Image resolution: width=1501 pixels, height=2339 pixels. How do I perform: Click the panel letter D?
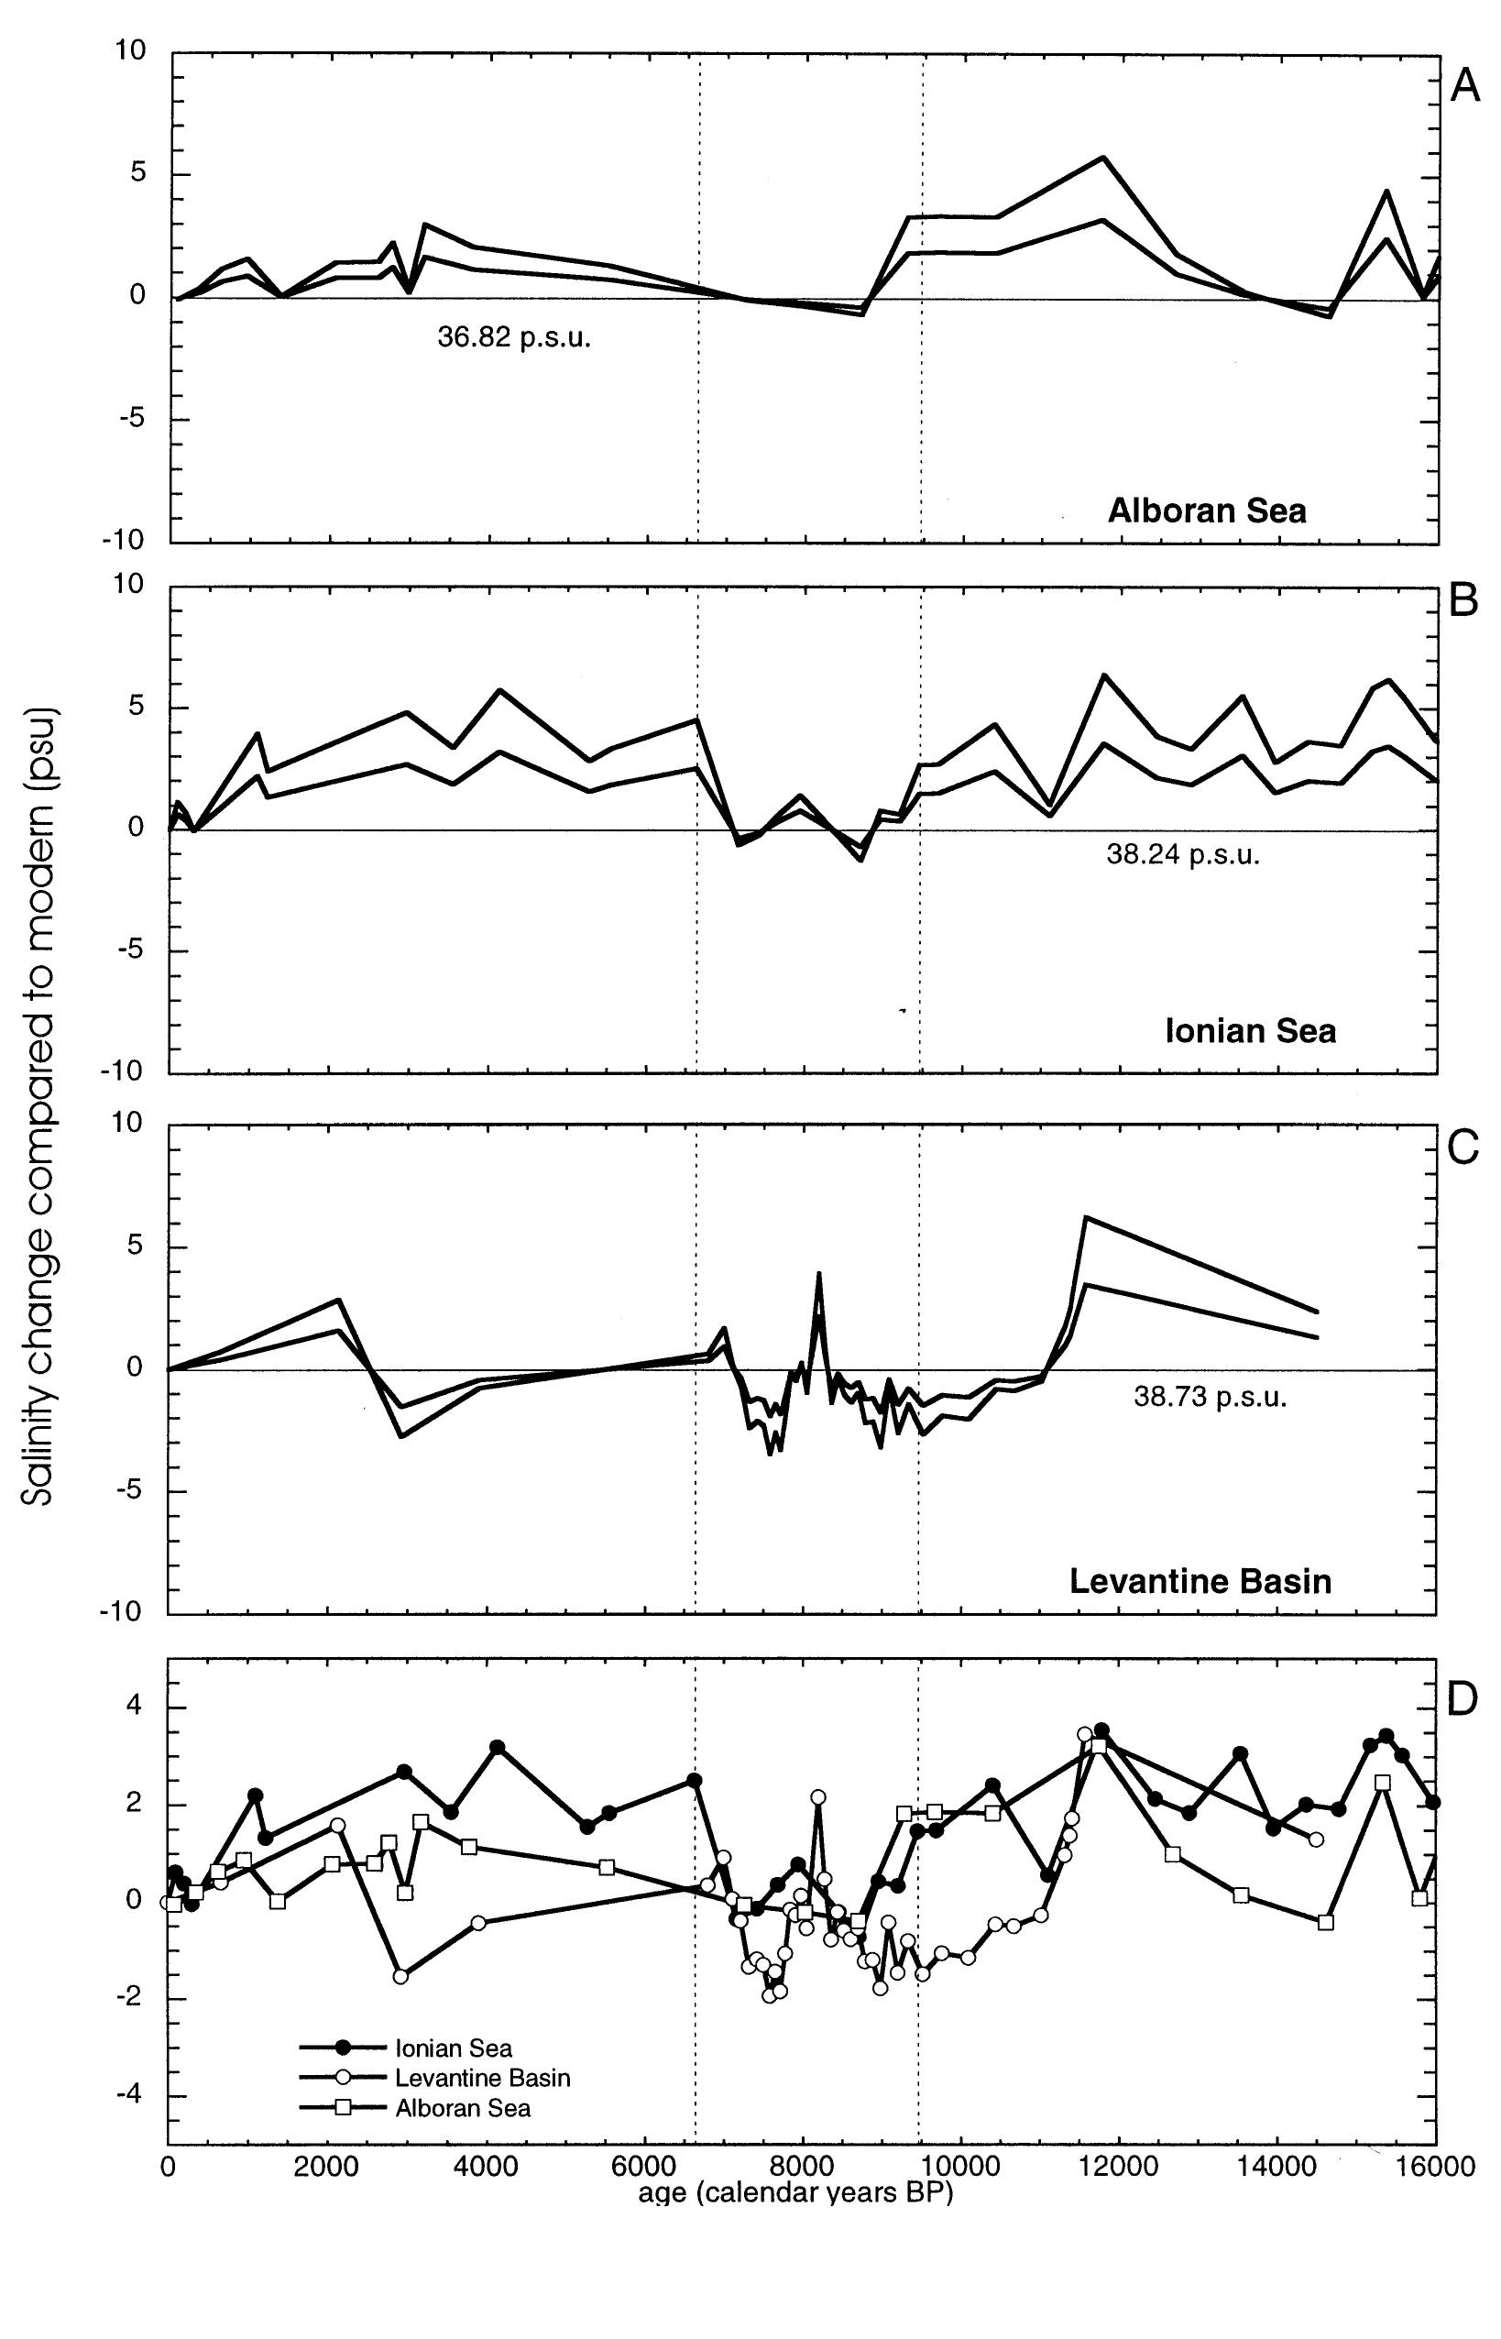(1464, 1699)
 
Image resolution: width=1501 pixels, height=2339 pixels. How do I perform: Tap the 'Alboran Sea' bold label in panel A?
(1207, 511)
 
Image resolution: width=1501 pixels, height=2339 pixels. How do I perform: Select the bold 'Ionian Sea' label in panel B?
(1250, 1031)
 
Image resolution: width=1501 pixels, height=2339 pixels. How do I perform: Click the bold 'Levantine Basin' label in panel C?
(1200, 1580)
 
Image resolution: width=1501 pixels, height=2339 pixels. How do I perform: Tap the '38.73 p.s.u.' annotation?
(1210, 1398)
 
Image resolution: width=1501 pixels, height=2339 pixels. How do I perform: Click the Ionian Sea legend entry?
(453, 2048)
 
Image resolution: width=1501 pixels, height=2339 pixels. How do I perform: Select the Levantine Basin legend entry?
(481, 2078)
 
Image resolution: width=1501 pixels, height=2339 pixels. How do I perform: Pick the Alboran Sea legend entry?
(462, 2108)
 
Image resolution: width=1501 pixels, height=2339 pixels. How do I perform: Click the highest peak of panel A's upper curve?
(1103, 157)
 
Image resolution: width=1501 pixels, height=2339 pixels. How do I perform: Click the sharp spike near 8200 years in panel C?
(818, 1273)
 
